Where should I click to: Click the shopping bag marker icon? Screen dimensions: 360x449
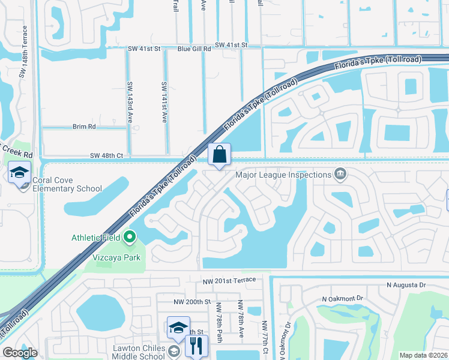(x=219, y=154)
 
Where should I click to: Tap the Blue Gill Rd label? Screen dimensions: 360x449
(x=194, y=49)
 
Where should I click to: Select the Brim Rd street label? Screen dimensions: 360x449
(x=84, y=127)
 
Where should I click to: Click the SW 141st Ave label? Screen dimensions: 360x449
(x=164, y=103)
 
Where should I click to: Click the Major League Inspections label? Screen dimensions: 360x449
(x=283, y=175)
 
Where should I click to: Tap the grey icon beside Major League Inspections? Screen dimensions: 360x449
(x=340, y=175)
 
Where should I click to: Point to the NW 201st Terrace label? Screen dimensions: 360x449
(x=230, y=280)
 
